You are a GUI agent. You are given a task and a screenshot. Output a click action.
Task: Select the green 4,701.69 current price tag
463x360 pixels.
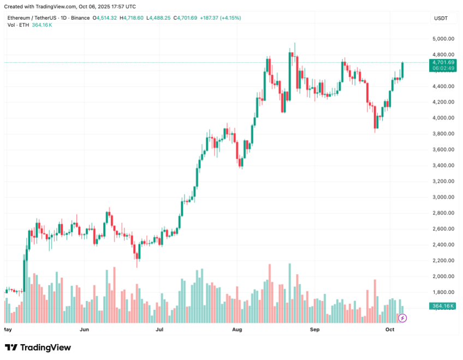(x=443, y=62)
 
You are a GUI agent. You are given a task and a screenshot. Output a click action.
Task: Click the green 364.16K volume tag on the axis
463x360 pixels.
(x=443, y=307)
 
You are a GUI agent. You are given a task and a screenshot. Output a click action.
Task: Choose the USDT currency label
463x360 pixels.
(x=441, y=19)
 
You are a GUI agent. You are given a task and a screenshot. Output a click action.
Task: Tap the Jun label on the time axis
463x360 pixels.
(x=84, y=330)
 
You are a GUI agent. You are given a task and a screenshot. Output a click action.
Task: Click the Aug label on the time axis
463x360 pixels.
(x=237, y=330)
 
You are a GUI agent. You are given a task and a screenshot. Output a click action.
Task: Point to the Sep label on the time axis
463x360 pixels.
(x=314, y=330)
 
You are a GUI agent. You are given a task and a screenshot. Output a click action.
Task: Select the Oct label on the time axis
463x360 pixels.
(x=390, y=330)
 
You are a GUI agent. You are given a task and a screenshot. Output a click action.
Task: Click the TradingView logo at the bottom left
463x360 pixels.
(x=38, y=347)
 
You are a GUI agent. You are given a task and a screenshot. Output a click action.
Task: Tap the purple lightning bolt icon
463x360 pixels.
(x=402, y=317)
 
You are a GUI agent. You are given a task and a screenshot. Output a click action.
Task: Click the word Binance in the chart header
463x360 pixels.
(x=80, y=18)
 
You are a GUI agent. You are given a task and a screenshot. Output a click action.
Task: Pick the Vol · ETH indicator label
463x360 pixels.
(x=18, y=25)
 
